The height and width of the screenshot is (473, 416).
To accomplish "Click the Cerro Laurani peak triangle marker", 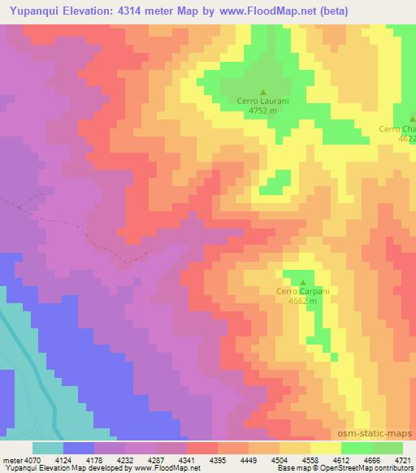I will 262,92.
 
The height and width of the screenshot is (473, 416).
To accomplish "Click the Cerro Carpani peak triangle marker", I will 304,282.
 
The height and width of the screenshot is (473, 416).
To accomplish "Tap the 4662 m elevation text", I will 301,301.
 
